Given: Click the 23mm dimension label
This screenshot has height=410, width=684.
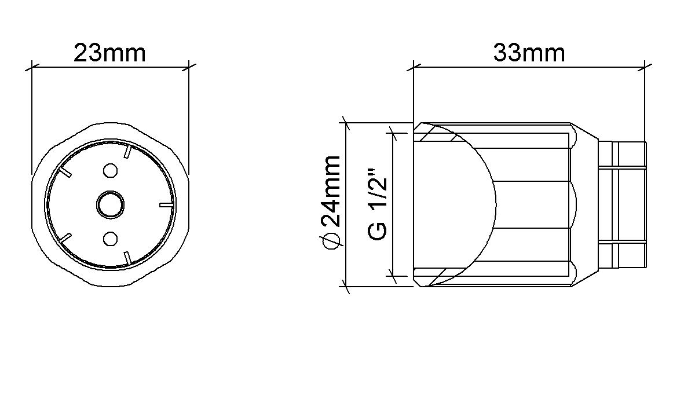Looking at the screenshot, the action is [109, 53].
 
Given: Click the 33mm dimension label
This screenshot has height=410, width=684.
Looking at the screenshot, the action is [529, 53].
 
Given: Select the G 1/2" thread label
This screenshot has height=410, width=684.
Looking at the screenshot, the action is [378, 203].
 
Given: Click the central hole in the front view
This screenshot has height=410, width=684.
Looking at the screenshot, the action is [110, 204].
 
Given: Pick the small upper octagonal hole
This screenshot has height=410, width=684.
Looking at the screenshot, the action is [110, 170].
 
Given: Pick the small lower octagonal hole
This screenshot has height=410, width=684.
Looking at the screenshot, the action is [110, 239].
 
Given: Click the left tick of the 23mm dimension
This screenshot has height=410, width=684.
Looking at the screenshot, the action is [32, 67].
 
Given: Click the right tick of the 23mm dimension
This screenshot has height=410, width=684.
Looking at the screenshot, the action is [189, 67].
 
